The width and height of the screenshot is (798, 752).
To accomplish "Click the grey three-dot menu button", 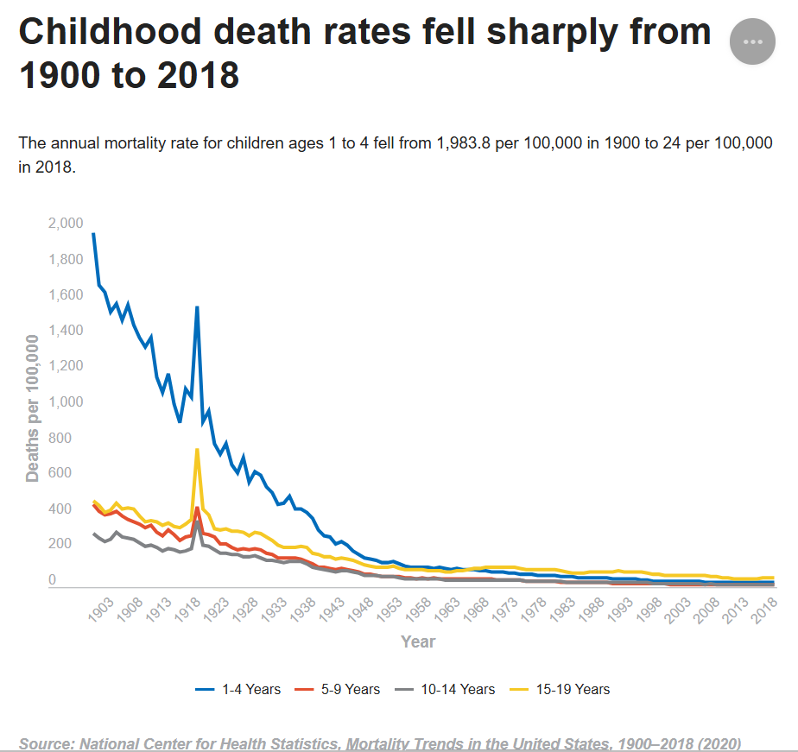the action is [752, 41].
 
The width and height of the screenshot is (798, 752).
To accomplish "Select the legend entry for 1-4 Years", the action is [238, 690].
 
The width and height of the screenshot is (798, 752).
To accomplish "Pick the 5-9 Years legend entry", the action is [338, 690].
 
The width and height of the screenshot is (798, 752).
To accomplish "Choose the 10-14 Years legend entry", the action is [445, 690].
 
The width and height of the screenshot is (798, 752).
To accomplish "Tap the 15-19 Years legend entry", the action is [560, 690].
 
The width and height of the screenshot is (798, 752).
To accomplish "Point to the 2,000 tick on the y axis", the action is [66, 224].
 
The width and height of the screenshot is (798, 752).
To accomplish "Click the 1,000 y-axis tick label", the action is [66, 402].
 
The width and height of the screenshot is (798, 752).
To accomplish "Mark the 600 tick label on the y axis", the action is [60, 473].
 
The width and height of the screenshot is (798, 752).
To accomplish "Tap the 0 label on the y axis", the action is [52, 579].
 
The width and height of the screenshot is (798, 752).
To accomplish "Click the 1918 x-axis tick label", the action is [187, 610].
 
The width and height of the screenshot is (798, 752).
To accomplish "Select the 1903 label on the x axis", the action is [101, 610].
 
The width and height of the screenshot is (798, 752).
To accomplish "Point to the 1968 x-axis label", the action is [476, 610].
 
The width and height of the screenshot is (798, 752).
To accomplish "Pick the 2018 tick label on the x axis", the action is [764, 610].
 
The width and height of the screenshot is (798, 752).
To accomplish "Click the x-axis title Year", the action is [418, 642].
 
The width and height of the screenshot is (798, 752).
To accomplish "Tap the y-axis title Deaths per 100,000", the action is [32, 408].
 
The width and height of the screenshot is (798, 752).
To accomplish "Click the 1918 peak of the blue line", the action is [197, 307].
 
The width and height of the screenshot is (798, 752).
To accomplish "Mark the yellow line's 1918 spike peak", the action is [197, 450].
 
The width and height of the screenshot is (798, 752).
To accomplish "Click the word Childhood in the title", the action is [111, 32].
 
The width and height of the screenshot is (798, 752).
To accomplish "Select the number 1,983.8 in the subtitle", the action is [463, 143].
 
